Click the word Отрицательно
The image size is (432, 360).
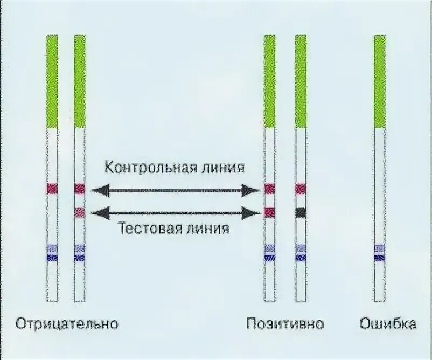67,324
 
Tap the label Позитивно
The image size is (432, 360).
285,324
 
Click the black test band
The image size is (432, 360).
301,212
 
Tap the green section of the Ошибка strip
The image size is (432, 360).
380,81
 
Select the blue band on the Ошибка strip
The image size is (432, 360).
380,258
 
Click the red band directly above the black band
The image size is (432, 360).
301,189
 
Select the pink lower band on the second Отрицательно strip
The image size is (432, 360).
80,212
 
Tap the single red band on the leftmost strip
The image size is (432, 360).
52,189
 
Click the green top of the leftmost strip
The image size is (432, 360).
52,81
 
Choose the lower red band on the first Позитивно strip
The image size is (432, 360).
269,212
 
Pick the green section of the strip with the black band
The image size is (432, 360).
301,81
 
